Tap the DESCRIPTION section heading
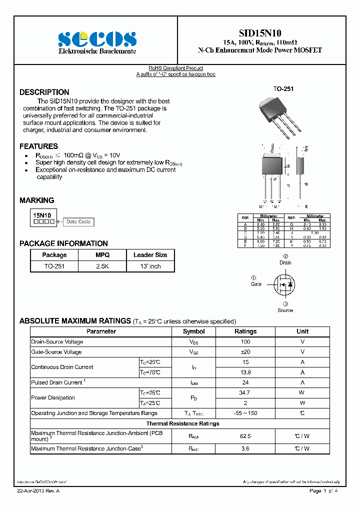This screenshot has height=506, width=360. click(44, 92)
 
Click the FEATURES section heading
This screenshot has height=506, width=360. click(38, 146)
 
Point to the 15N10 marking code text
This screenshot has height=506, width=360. click(42, 215)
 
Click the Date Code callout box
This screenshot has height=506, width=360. click(78, 222)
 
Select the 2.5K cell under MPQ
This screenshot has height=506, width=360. click(102, 266)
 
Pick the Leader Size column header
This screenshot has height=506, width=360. click(150, 255)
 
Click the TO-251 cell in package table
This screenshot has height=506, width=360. click(54, 266)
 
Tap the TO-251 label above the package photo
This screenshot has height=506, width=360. click(283, 89)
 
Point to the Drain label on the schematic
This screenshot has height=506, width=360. click(285, 262)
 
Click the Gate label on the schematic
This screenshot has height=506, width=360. click(256, 284)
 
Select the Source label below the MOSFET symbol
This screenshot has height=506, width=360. click(285, 310)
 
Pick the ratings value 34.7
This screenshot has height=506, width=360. click(245, 393)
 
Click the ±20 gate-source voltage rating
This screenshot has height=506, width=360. click(245, 352)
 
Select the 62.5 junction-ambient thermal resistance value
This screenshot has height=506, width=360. click(245, 436)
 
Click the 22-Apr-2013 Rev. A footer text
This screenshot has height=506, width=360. click(38, 491)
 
